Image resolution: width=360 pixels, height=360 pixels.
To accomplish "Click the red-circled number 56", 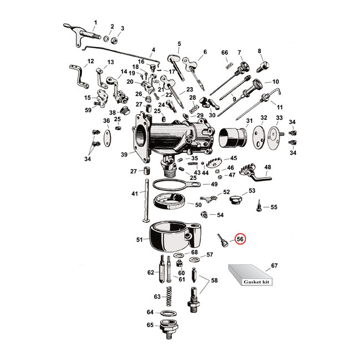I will point(240,239).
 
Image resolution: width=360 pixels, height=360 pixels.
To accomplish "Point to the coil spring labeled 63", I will point(172,296).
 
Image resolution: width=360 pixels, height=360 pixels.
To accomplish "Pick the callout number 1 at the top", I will point(95,22).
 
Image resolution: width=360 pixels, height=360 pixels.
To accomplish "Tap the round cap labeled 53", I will point(235,198).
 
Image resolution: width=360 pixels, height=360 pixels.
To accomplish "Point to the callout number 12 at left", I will point(91,61).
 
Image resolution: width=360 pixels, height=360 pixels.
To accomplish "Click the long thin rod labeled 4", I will point(122,59).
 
